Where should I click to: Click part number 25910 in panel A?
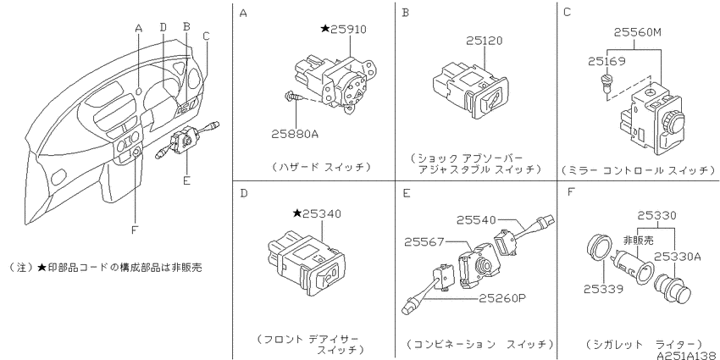pos(349,30)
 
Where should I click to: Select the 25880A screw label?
pos(294,135)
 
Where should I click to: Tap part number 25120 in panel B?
pos(484,41)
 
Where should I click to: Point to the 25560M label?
pos(638,31)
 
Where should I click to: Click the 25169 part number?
pos(606,61)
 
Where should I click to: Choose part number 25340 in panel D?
pos(324,213)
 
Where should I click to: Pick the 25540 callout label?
pos(476,220)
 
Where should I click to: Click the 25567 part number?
pos(423,241)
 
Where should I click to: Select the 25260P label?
pos(502,298)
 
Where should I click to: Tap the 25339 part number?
pos(603,289)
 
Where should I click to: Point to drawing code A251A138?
pos(687,355)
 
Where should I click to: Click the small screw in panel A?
pos(293,97)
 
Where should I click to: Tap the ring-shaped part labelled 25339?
pos(599,248)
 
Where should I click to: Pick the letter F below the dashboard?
pos(135,230)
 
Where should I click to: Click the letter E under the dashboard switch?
pos(186,180)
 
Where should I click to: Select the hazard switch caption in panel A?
pos(320,167)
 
